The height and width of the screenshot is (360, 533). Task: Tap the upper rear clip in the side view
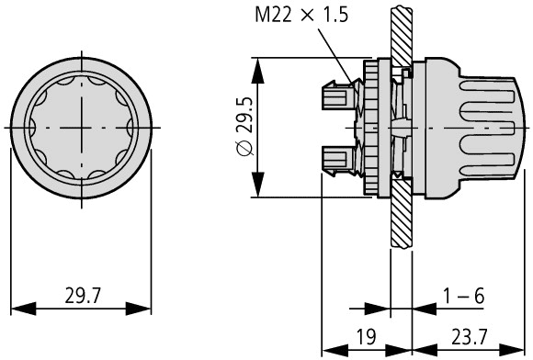click(x=338, y=94)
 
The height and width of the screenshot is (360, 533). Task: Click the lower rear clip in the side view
click(x=338, y=159)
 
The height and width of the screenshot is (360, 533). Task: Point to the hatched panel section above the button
click(x=399, y=32)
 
